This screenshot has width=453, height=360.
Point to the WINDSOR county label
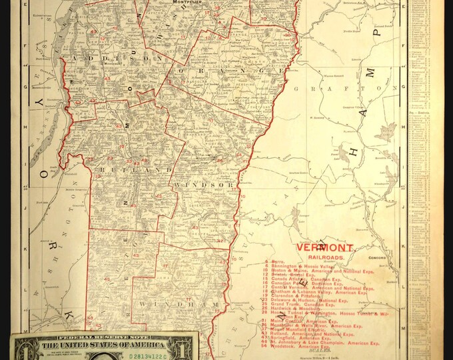coord(204,183)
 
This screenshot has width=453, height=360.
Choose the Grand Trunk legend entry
coord(292,302)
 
